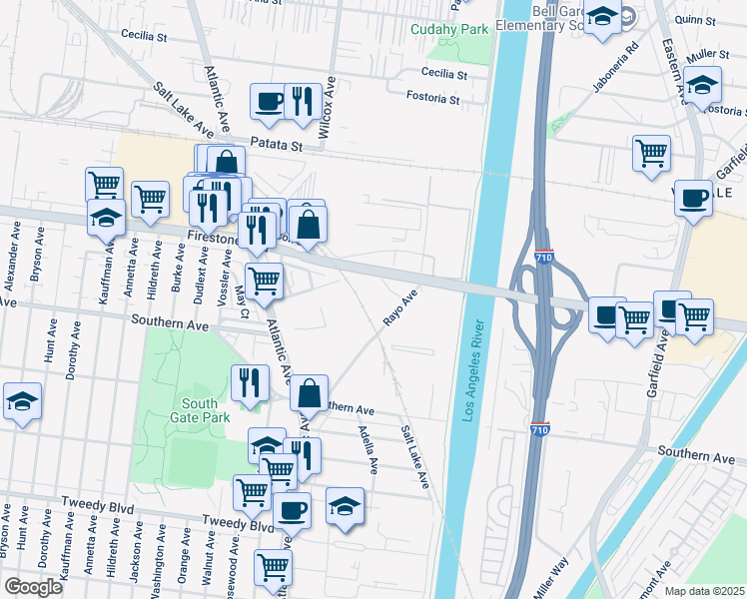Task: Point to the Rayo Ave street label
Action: pyautogui.click(x=399, y=308)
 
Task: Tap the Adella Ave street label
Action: pyautogui.click(x=368, y=449)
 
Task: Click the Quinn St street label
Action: pyautogui.click(x=696, y=20)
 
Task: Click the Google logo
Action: pyautogui.click(x=32, y=587)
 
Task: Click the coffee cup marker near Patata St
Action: pyautogui.click(x=269, y=101)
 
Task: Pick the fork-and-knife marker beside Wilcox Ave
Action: pyautogui.click(x=303, y=101)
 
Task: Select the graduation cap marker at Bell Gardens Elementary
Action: pyautogui.click(x=602, y=17)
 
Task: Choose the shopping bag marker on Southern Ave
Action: pyautogui.click(x=310, y=391)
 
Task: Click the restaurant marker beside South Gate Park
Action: pyautogui.click(x=250, y=381)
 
